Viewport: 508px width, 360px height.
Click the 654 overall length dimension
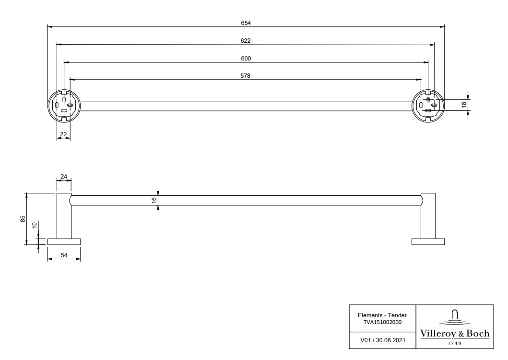246,23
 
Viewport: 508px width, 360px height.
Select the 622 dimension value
246,41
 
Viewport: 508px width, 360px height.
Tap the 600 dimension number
246,59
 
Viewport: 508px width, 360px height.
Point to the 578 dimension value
246,76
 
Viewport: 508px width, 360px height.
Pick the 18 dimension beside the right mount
464,105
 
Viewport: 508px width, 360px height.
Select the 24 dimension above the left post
64,176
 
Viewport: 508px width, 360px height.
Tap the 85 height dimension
23,219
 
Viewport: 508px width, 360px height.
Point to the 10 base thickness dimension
34,225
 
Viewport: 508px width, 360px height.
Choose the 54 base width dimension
64,256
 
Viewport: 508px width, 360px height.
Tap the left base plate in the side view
64,241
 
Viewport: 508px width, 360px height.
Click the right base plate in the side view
428,241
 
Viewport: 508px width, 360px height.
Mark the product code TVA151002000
382,322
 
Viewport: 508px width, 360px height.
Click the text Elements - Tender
382,315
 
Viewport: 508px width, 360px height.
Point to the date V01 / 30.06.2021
382,339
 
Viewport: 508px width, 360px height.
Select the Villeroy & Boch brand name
455,333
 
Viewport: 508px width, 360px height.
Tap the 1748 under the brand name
455,343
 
